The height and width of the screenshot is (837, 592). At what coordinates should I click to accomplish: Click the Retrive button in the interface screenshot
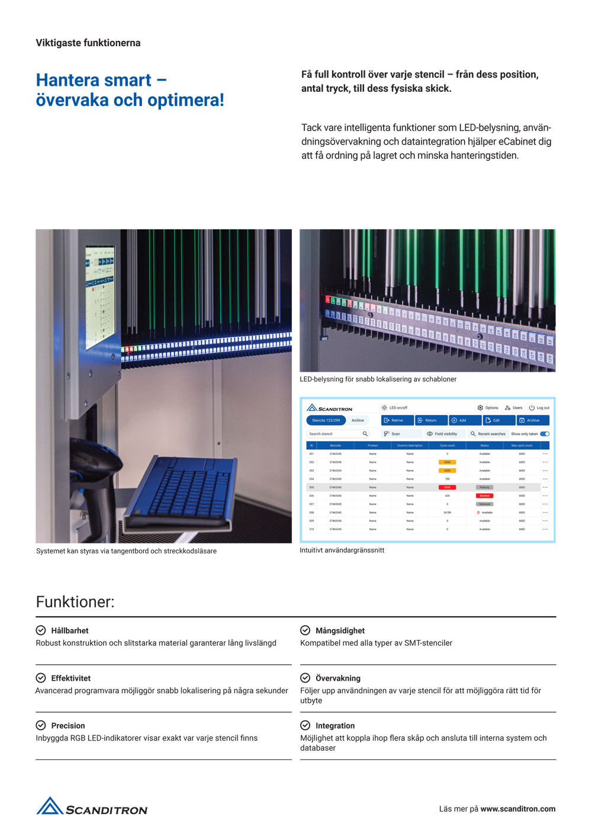click(397, 420)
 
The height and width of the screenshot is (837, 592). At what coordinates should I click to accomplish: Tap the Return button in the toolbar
click(430, 420)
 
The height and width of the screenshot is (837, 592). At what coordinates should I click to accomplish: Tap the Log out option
click(539, 408)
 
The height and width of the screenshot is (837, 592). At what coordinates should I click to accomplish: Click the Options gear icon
click(480, 408)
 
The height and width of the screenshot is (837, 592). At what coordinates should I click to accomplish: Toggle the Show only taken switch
click(545, 434)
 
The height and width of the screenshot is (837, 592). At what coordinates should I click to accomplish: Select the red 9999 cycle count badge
click(447, 487)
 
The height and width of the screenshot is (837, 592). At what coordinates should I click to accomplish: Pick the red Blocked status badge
click(484, 495)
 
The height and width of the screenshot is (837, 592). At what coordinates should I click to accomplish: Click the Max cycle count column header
click(522, 445)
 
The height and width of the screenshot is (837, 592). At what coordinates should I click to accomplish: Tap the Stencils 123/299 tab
click(326, 420)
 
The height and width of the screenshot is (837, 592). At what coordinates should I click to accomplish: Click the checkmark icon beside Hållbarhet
click(41, 630)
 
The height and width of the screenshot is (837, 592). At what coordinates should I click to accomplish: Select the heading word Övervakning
click(337, 678)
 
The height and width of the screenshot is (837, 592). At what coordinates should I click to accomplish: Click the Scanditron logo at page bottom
click(92, 807)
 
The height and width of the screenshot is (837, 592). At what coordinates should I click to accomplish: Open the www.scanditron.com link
click(518, 809)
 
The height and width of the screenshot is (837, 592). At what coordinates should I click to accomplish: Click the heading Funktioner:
click(75, 602)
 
